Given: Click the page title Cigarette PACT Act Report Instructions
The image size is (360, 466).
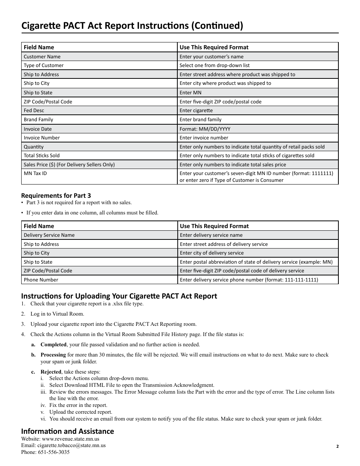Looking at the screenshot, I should coord(132,25).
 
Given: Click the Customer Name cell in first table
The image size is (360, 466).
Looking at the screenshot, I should coord(42,56).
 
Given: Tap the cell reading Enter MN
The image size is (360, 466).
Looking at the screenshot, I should coord(191,92).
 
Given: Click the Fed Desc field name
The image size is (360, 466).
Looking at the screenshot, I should coord(34,110).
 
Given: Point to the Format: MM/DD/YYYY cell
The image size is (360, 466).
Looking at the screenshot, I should coord(205,129).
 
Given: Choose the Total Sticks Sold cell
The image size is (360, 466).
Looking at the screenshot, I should coord(42,155).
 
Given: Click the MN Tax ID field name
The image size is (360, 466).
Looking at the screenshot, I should coord(35,173).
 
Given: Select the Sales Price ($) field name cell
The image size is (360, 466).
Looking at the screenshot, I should coord(69,164).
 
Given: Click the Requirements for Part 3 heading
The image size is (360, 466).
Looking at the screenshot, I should coord(56,195).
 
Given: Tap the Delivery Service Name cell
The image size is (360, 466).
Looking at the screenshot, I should coord(49,235).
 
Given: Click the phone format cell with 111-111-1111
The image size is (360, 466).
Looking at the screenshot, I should coord(249,280).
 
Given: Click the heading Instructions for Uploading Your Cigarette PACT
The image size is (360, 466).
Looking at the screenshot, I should coord(119,296).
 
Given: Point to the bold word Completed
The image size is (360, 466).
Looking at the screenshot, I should coord(53,344).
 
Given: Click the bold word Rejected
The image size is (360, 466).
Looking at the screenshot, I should coord(51,372).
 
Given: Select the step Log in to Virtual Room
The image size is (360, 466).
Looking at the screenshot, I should coord(57,314).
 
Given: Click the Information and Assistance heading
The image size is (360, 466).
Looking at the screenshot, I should coord(67,431).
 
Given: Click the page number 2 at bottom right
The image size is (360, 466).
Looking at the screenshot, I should coord(337,446).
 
